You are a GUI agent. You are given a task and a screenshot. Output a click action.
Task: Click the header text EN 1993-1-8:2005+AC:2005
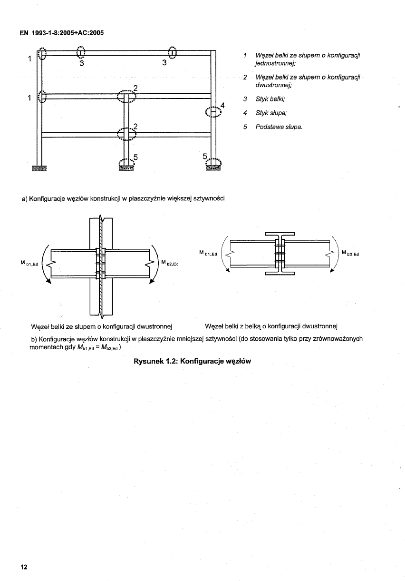point(62,33)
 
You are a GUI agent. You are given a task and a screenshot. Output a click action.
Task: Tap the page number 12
point(24,567)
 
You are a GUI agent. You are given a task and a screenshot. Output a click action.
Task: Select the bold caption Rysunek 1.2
point(192,361)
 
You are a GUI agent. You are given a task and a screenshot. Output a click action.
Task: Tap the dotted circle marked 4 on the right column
point(213,111)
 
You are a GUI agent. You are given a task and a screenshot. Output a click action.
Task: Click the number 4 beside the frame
point(222,105)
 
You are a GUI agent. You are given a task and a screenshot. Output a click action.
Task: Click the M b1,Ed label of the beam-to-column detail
point(32,263)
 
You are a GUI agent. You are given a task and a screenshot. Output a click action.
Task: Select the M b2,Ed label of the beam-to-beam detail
point(349,253)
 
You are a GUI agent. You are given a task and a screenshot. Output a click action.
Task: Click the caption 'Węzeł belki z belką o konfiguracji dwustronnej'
point(270,326)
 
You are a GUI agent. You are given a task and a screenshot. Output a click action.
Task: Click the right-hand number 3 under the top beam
point(164,62)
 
